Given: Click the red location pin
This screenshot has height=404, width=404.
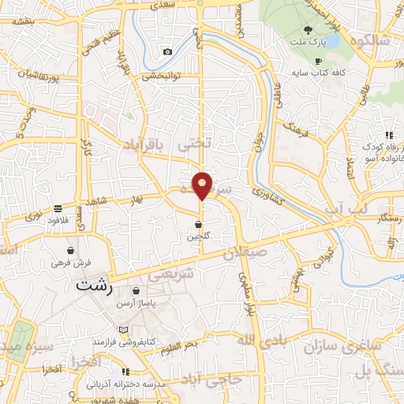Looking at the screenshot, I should [x=203, y=185].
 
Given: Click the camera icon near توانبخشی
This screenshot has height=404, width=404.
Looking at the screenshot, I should [x=167, y=52].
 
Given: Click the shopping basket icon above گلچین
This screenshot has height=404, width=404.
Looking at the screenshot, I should [x=198, y=224].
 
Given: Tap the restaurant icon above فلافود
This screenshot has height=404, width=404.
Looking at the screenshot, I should [x=58, y=208].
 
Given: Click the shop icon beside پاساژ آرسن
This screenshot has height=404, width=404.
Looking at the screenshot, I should [x=137, y=290].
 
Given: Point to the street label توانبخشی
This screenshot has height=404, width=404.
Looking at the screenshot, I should [x=161, y=77].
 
